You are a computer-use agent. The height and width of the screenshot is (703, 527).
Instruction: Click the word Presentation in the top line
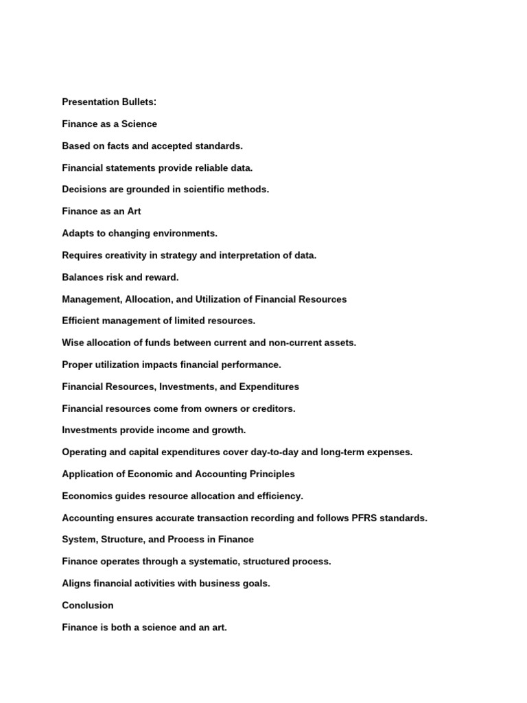click(90, 102)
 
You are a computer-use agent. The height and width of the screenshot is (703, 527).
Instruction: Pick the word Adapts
click(77, 233)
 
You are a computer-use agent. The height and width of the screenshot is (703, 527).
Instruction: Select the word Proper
click(76, 365)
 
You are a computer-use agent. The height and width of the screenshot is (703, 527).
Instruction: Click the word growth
click(230, 430)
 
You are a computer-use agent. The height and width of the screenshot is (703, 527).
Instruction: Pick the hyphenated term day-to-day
click(307, 452)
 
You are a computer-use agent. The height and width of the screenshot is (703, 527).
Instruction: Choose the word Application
click(87, 474)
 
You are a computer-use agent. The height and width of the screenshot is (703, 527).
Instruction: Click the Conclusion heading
click(88, 606)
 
